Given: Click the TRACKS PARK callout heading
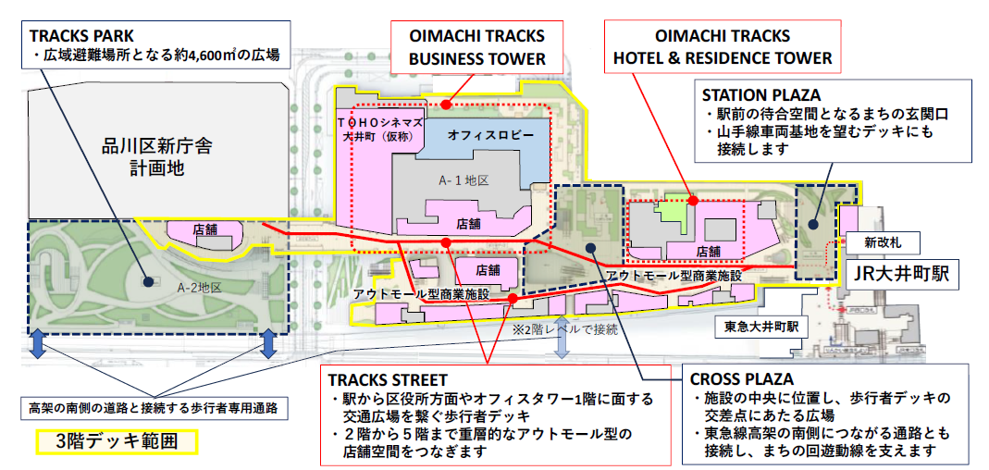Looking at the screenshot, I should point(79,35).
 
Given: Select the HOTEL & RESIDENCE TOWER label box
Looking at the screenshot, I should point(723,47).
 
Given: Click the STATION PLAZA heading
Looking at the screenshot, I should point(761,95).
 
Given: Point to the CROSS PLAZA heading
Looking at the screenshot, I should point(742,379).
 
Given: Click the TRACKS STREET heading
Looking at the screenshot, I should point(389,380).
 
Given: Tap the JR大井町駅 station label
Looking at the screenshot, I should point(902,274).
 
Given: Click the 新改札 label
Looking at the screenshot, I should point(883,241).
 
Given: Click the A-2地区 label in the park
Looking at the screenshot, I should point(199,288).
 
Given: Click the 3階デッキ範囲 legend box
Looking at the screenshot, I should point(117,441).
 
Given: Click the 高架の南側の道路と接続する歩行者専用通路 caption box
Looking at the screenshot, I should point(154,406).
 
